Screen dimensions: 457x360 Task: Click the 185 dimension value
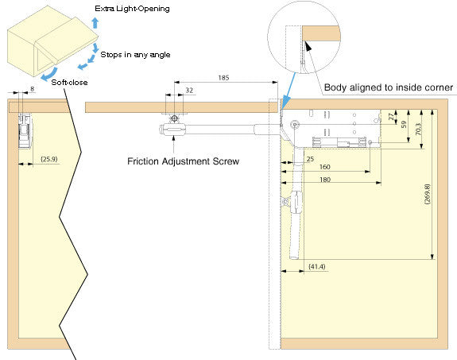[223, 78]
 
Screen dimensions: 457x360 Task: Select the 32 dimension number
[189, 91]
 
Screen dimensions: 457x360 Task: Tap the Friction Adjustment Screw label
[183, 161]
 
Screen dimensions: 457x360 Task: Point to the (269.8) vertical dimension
[428, 194]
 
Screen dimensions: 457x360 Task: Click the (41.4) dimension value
[317, 266]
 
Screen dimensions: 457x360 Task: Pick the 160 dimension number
[325, 167]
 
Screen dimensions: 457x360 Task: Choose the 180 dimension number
[325, 180]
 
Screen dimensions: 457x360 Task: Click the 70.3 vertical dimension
[418, 129]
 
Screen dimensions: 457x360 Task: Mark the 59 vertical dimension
[404, 125]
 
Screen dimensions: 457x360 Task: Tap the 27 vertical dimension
[391, 117]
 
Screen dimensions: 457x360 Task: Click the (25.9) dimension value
[49, 159]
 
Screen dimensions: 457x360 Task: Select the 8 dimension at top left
[32, 89]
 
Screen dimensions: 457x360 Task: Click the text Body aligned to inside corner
[389, 87]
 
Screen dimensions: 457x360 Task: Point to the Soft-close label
[69, 82]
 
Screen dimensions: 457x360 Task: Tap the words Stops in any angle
[135, 55]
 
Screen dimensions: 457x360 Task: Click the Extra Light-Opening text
[132, 9]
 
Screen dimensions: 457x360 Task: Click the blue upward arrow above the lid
[95, 23]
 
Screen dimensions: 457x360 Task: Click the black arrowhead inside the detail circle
[308, 46]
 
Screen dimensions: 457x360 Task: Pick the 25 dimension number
[310, 159]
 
